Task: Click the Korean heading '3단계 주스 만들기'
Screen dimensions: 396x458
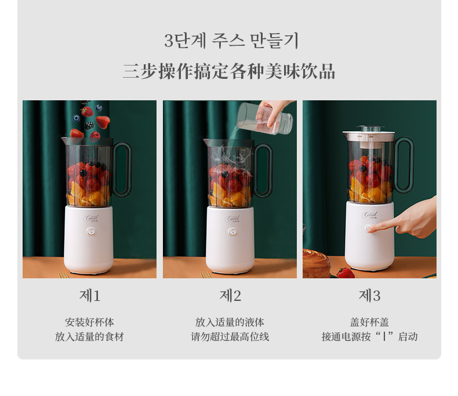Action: point(231,41)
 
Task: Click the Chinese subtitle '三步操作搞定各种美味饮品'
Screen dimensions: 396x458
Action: point(229,71)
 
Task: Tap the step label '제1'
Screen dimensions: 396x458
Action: point(90,296)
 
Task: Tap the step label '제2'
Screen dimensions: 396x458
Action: point(230,296)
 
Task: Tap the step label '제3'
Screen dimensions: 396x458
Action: point(369,296)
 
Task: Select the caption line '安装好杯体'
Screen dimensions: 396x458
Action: point(89,322)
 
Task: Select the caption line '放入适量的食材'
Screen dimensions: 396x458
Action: point(89,337)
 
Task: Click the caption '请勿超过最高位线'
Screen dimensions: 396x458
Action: point(230,337)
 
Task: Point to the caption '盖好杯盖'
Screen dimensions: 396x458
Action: point(369,322)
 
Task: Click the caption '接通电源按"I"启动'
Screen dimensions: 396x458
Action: point(369,337)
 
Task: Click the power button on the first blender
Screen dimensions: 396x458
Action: point(91,231)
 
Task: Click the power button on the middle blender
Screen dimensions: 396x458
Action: point(232,231)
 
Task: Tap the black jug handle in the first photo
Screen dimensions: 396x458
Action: point(123,168)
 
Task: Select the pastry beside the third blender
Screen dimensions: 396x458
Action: point(316,264)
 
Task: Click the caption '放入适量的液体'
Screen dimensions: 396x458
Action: point(230,322)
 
